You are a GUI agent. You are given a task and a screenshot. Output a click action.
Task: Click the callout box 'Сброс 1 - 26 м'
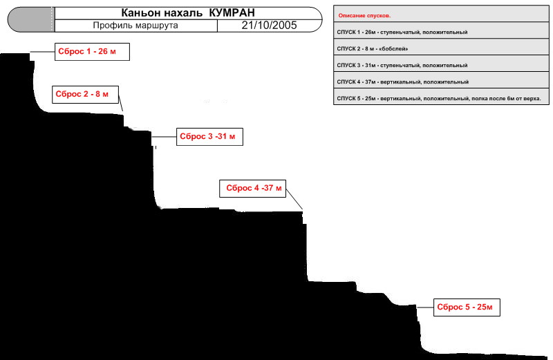click(x=92, y=52)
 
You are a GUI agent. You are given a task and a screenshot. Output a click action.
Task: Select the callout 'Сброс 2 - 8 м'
click(x=85, y=95)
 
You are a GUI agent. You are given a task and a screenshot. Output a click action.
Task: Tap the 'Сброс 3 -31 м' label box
click(x=210, y=136)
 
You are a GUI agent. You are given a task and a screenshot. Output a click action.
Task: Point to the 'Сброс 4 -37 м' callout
click(x=252, y=188)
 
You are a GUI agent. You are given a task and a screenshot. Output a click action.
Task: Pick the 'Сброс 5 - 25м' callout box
click(x=467, y=307)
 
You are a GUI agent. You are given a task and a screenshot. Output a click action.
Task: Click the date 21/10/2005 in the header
click(x=269, y=26)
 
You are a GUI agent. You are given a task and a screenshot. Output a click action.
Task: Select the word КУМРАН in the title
click(x=232, y=13)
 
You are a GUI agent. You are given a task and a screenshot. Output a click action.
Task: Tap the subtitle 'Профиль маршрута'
click(x=135, y=26)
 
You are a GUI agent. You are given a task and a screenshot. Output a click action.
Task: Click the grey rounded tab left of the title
click(x=31, y=20)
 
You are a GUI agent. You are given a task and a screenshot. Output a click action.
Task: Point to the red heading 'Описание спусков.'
click(x=364, y=15)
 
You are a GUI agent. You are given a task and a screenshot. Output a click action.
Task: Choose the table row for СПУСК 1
click(x=441, y=32)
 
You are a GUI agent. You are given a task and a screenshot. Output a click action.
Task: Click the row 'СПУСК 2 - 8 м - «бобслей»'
click(x=441, y=48)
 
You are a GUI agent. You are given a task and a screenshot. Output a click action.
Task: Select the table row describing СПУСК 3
click(x=441, y=65)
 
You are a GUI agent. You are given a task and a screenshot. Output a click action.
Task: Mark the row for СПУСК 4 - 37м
click(x=441, y=82)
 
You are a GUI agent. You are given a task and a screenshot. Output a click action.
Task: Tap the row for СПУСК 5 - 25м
click(x=441, y=98)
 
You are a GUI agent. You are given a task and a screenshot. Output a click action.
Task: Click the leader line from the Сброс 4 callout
click(x=294, y=199)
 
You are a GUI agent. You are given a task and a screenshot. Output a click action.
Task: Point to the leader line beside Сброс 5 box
click(x=425, y=307)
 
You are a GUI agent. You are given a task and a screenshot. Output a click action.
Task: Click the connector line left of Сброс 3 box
click(x=165, y=137)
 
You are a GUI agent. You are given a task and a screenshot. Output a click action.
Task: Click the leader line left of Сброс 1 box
click(x=42, y=53)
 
